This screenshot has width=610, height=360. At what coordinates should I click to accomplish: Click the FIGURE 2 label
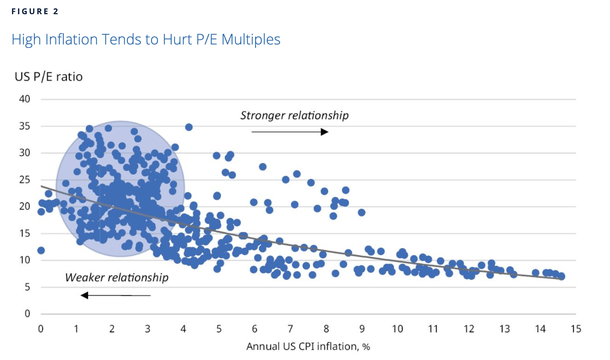pyautogui.click(x=35, y=12)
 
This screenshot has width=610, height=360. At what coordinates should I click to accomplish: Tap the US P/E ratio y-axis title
pyautogui.click(x=48, y=77)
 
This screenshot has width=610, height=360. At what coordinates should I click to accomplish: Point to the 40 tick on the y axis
pyautogui.click(x=24, y=99)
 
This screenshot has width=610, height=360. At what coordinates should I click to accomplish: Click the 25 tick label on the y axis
pyautogui.click(x=24, y=180)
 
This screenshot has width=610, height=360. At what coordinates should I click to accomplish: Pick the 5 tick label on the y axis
pyautogui.click(x=27, y=287)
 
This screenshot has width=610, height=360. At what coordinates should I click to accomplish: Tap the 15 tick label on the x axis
pyautogui.click(x=576, y=329)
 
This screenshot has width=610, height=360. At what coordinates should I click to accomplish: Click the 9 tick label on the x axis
pyautogui.click(x=362, y=329)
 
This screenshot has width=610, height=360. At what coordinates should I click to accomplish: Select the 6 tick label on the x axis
pyautogui.click(x=255, y=329)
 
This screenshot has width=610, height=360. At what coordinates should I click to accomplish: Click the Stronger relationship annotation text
pyautogui.click(x=294, y=116)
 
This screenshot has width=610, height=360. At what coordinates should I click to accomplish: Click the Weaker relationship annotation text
pyautogui.click(x=117, y=278)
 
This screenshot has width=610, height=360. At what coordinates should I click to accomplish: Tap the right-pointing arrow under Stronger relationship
pyautogui.click(x=290, y=132)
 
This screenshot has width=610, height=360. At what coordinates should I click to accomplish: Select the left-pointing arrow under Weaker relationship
pyautogui.click(x=115, y=295)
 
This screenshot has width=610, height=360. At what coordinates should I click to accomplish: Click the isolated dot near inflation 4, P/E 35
pyautogui.click(x=189, y=127)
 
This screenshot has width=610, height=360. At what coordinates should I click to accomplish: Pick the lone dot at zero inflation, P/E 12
pyautogui.click(x=41, y=250)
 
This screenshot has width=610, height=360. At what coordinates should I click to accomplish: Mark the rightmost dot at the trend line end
pyautogui.click(x=562, y=277)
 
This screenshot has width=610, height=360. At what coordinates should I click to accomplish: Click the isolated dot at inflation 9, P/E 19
pyautogui.click(x=361, y=212)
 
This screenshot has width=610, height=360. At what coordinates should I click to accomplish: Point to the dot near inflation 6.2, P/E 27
pyautogui.click(x=263, y=167)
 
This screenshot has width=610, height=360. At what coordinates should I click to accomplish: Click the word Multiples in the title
pyautogui.click(x=251, y=39)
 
